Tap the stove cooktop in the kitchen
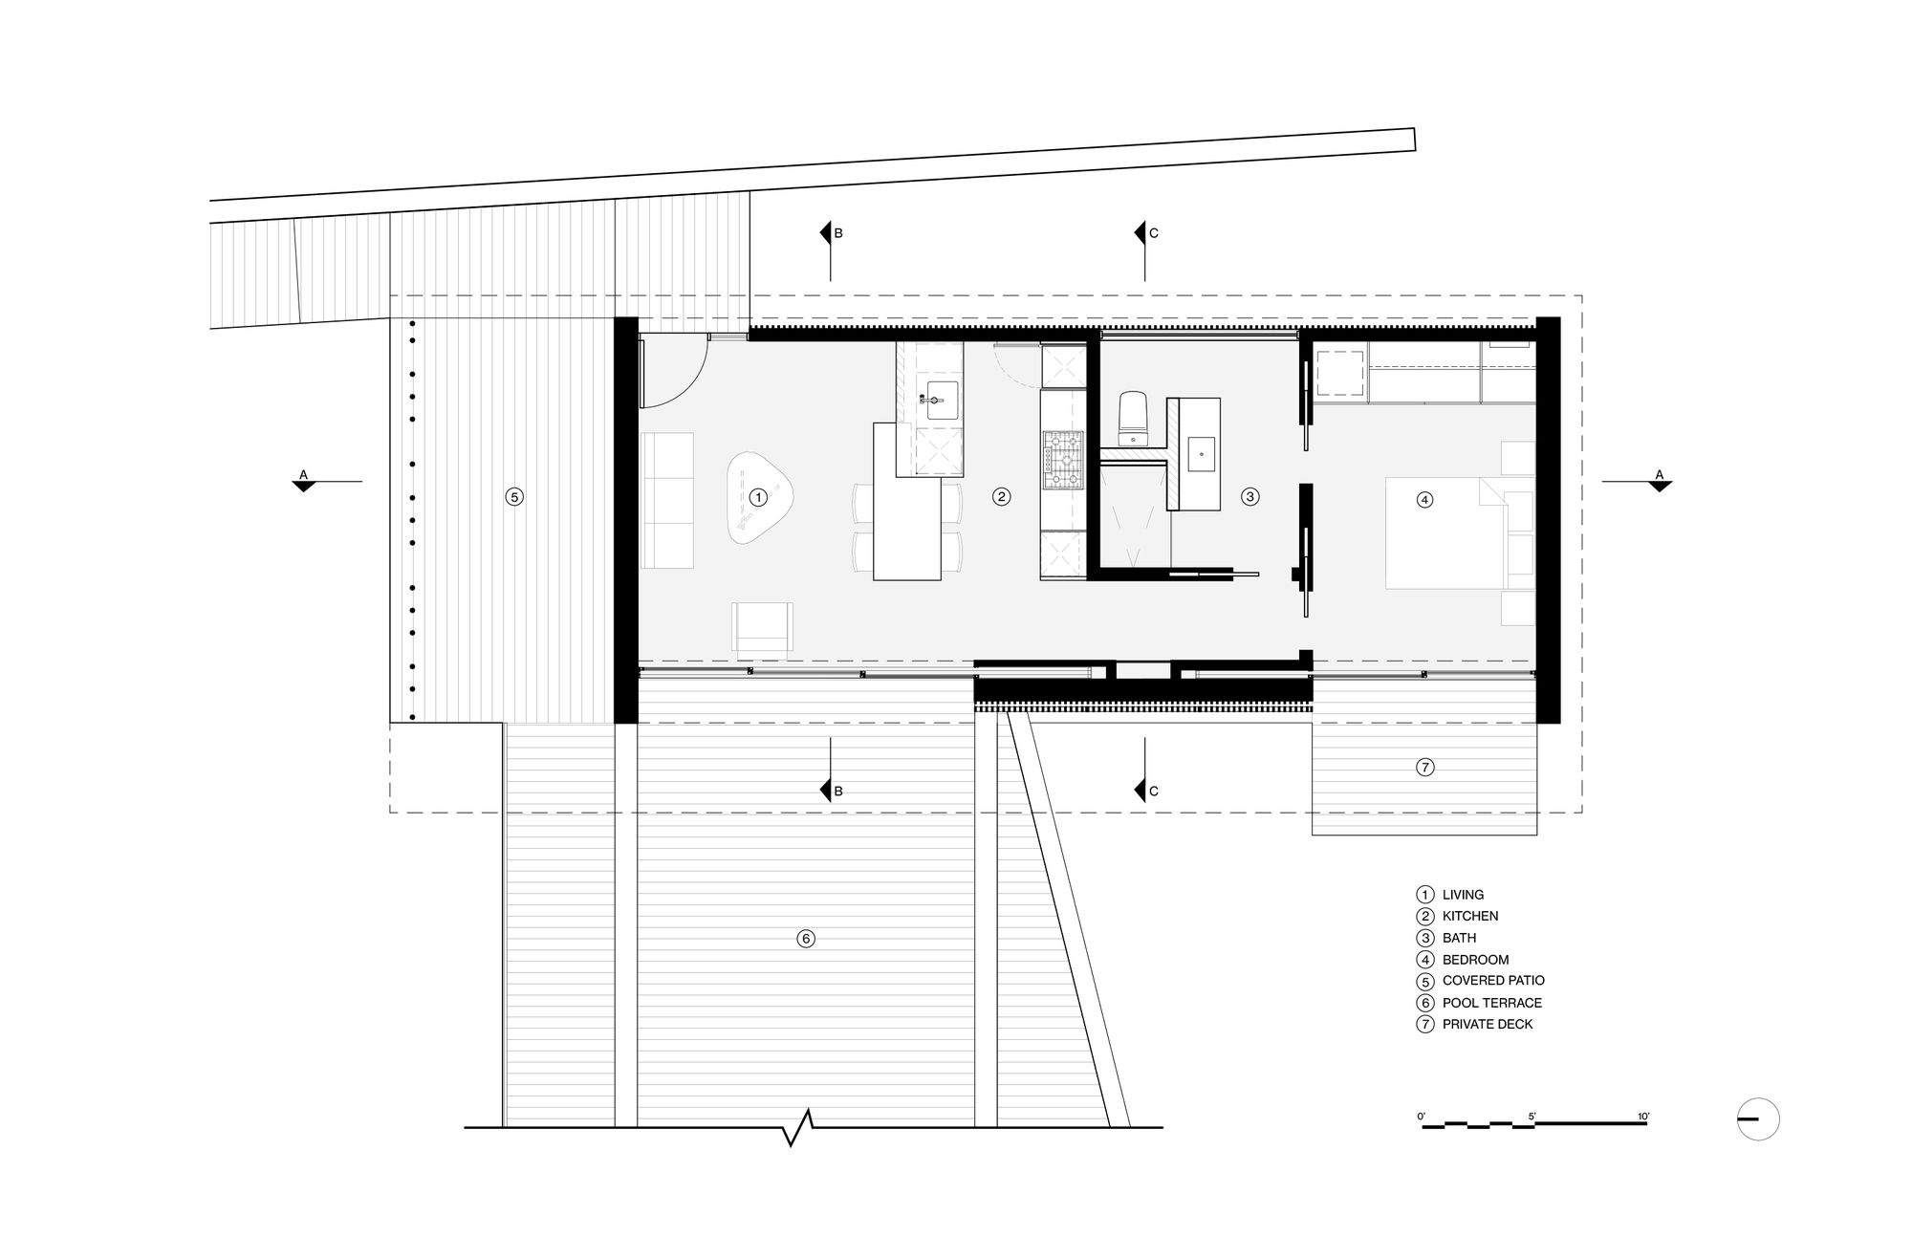[1063, 461]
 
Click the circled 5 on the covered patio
[514, 497]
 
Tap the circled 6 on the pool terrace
[806, 939]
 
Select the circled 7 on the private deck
[1424, 767]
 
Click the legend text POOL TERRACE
[1492, 1003]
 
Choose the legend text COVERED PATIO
[1493, 981]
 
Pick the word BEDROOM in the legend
[1475, 960]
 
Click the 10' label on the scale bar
[1642, 1116]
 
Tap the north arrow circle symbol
[1758, 1119]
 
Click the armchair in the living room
[763, 628]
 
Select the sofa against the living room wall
[666, 501]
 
